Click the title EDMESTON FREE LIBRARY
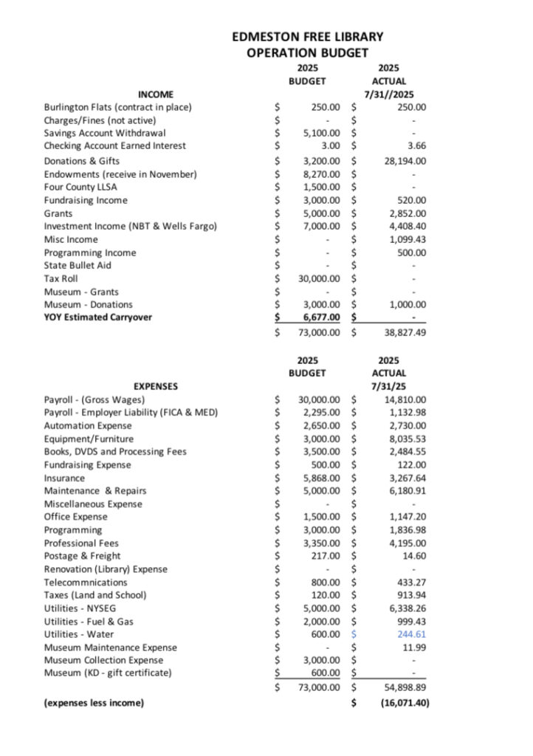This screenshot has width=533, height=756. point(308,36)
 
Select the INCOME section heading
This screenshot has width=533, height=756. point(156,94)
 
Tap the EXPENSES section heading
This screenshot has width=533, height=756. point(155,386)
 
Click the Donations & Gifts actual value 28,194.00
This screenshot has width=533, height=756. point(405,161)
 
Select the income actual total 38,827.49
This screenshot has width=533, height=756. point(405,333)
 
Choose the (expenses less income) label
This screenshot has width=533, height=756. point(94,703)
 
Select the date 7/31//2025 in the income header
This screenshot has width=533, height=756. point(389,94)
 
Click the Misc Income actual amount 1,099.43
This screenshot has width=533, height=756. point(408,240)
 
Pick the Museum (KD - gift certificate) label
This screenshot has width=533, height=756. point(108,673)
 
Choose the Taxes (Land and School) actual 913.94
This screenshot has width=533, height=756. point(411,595)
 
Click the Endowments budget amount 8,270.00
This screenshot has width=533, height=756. point(322,174)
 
